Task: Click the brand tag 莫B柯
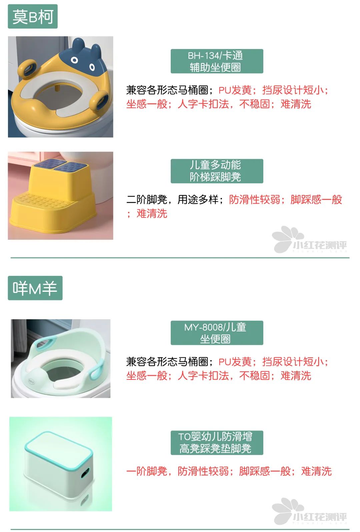point(33,16)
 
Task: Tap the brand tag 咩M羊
point(35,288)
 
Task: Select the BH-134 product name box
point(217,61)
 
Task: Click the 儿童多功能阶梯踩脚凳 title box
point(217,171)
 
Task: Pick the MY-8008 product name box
point(217,333)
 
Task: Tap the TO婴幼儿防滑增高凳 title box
point(217,443)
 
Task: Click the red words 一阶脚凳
point(147,471)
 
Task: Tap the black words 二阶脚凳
point(147,200)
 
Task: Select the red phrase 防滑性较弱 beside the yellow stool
point(254,200)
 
